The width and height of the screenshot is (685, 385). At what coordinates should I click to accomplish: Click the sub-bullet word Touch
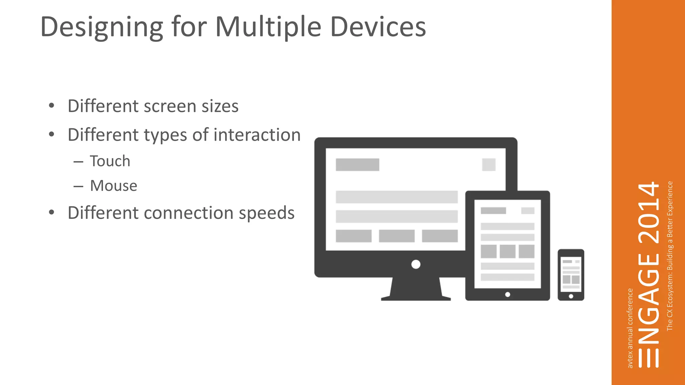click(x=110, y=161)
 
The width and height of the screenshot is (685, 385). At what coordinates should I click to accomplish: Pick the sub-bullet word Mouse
click(x=114, y=186)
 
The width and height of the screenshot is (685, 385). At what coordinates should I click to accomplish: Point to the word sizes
click(x=220, y=106)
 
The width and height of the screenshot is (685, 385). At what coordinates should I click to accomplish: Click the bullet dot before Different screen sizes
click(x=51, y=106)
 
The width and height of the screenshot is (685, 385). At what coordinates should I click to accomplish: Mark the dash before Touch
click(x=78, y=162)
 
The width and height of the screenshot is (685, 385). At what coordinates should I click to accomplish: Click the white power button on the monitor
click(x=416, y=264)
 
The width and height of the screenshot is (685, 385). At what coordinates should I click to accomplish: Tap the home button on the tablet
click(x=507, y=294)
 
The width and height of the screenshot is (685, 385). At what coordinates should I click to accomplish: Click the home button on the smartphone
click(x=571, y=296)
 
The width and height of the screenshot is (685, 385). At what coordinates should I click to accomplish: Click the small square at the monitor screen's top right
click(x=489, y=164)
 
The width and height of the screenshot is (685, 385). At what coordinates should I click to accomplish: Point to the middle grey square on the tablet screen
click(x=507, y=251)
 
